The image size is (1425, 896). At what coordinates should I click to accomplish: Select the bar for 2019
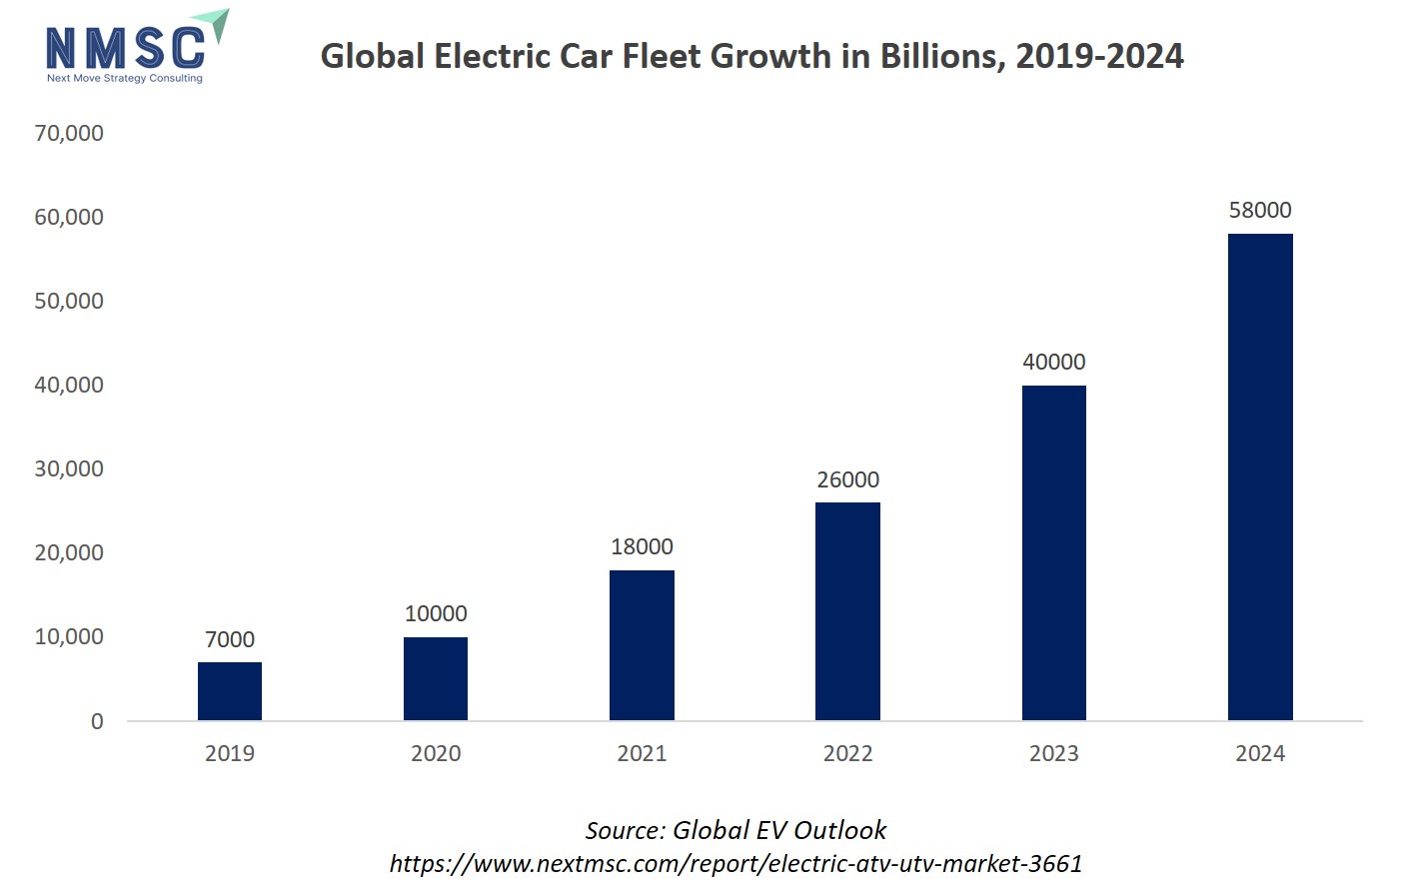tap(230, 691)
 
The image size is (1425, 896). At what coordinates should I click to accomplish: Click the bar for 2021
tap(642, 645)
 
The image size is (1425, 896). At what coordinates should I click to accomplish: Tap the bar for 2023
tap(1053, 552)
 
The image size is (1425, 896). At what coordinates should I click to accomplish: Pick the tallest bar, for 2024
tap(1259, 476)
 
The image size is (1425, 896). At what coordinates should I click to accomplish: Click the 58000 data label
tap(1259, 210)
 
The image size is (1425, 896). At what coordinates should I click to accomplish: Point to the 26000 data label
tap(847, 479)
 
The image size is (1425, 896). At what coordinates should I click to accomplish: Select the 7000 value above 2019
tap(230, 639)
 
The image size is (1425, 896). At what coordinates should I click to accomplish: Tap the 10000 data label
tap(436, 613)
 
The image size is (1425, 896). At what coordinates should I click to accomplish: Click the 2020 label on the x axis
tap(436, 753)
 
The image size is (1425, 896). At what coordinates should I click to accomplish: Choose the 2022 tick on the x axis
tap(847, 753)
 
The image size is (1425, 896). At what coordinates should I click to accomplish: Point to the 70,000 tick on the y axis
tap(69, 133)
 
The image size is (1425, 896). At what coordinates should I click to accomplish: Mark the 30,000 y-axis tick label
tap(69, 468)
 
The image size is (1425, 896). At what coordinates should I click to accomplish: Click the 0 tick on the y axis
tap(97, 721)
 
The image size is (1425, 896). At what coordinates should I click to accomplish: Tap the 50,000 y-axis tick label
tap(69, 301)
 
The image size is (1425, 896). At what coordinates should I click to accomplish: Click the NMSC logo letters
tap(125, 47)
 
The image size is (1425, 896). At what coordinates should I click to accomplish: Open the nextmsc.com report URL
tap(735, 863)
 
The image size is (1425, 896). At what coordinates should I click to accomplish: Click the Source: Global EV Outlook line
tap(735, 830)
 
